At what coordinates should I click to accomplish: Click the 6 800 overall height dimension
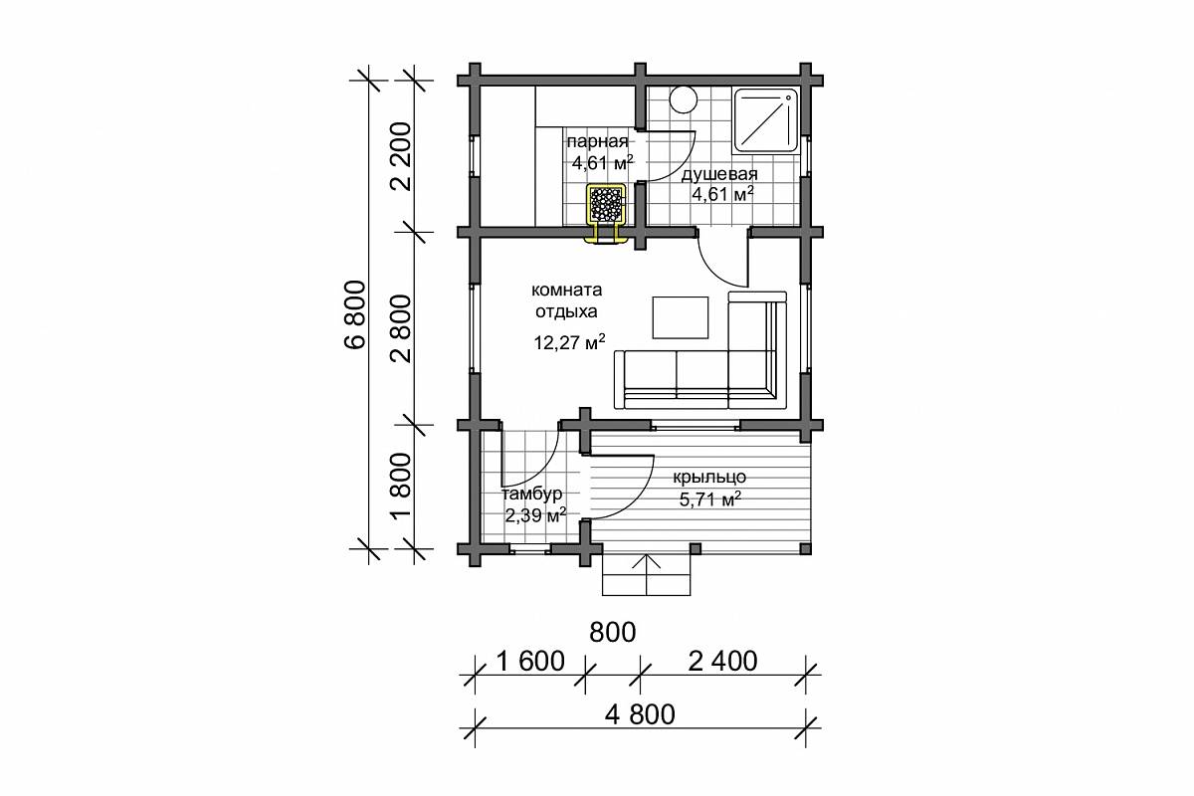click(355, 315)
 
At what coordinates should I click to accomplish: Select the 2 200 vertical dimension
click(401, 157)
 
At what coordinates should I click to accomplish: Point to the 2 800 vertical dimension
click(401, 329)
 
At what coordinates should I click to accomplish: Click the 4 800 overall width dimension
click(640, 714)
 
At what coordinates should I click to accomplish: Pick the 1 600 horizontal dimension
click(530, 661)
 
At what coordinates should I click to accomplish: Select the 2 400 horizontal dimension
click(722, 661)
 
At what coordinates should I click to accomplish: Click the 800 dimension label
click(613, 632)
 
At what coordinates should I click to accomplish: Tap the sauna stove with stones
click(606, 204)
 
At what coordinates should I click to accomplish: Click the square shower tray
click(766, 121)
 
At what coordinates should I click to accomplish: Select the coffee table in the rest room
click(681, 317)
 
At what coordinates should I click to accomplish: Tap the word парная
click(598, 142)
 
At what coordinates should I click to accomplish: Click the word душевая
click(719, 175)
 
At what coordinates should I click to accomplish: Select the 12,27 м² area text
click(569, 341)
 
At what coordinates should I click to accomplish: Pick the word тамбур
click(532, 495)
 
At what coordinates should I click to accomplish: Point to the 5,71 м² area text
click(710, 499)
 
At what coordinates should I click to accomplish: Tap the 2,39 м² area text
click(535, 515)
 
